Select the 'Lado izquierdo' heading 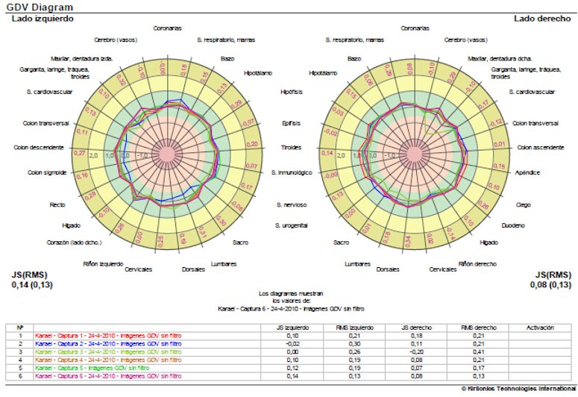pos(43,18)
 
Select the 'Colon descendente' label pos(39,148)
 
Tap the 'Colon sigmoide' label pos(48,173)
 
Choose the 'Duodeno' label pos(512,225)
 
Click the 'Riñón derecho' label pos(476,263)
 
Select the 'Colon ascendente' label pos(537,147)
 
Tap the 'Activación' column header pos(539,328)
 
